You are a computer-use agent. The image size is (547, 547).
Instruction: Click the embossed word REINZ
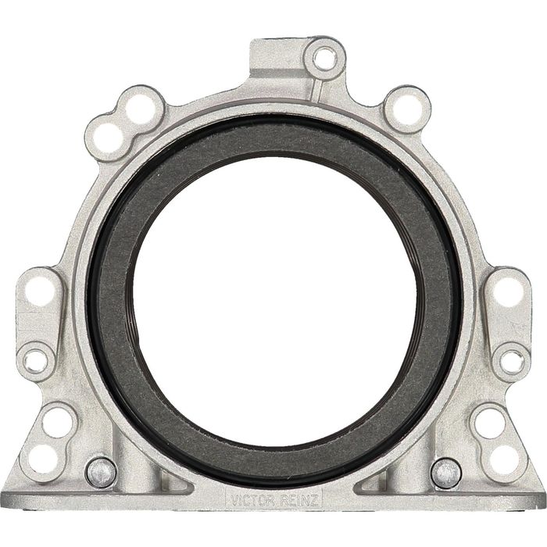tap(299, 502)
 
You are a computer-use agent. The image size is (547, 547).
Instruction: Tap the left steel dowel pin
tap(101, 472)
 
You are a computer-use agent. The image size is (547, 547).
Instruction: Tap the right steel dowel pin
tap(446, 473)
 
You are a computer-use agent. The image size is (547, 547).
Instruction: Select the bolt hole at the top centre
tap(325, 59)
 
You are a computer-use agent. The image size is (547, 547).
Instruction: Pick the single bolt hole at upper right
tap(407, 109)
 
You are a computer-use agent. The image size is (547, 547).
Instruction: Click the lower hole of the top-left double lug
tap(108, 138)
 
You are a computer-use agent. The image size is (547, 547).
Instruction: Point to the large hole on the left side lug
tap(41, 290)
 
